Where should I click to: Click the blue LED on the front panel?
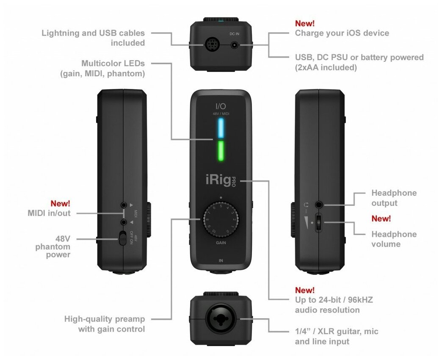[x=220, y=128]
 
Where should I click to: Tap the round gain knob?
[x=220, y=219]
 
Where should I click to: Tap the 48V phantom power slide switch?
[x=123, y=238]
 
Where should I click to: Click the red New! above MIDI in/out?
[x=61, y=203]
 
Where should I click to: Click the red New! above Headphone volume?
[x=381, y=219]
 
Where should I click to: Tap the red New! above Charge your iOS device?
[x=304, y=23]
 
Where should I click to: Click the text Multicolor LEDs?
[x=113, y=64]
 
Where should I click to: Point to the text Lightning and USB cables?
[x=93, y=33]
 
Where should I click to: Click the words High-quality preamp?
[x=105, y=319]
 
